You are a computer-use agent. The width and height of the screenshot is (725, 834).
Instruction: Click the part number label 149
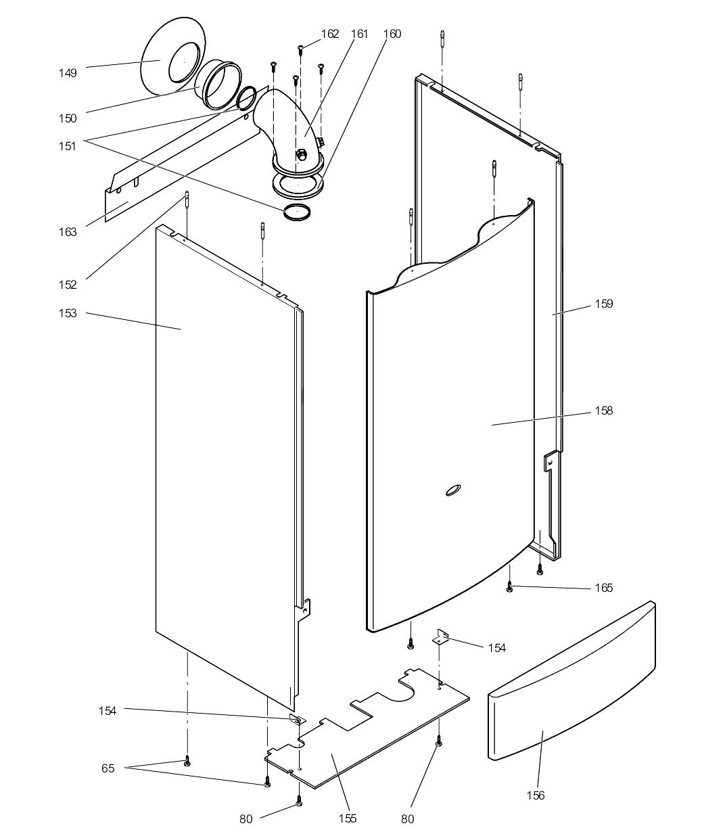coord(67,73)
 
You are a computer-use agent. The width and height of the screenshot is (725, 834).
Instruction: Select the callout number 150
coord(67,118)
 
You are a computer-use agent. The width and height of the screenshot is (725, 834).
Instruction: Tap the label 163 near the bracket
coord(67,232)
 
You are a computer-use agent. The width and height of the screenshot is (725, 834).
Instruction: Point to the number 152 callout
coord(67,285)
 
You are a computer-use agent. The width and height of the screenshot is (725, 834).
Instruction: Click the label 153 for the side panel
coord(67,313)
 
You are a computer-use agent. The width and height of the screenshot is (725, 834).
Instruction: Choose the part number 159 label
coord(603,304)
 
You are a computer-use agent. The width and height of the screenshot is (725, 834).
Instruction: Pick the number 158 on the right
coord(603,411)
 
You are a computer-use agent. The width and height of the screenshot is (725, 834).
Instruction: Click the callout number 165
coord(603,588)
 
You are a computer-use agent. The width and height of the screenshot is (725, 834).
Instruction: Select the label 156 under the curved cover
coord(535,795)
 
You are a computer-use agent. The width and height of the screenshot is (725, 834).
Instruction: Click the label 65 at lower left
coord(108,768)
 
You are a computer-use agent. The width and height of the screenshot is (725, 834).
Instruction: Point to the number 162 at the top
coord(329,34)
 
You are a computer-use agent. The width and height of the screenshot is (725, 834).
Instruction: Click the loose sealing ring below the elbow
coord(298,211)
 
